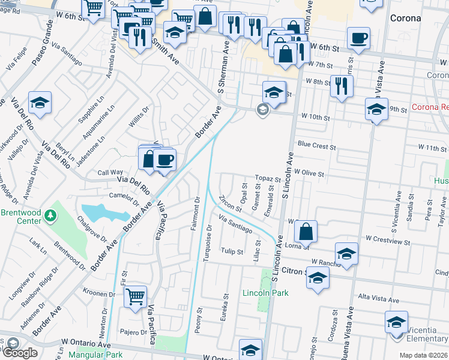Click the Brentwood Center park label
(22, 217)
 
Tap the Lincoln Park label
(265, 293)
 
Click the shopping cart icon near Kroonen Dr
(136, 296)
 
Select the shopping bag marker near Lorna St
(306, 230)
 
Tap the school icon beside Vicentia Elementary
(396, 322)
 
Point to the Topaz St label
(268, 179)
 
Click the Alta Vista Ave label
(378, 299)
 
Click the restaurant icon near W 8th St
(341, 85)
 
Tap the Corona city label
(405, 18)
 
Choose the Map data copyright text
(423, 355)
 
